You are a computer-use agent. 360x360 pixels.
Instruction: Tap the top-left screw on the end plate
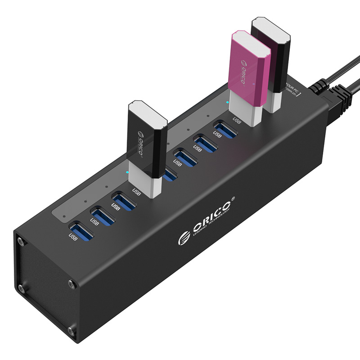click(x=21, y=241)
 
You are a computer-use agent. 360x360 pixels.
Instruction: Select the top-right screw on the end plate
click(x=72, y=284)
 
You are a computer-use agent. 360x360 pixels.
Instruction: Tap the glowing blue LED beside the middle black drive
click(x=127, y=172)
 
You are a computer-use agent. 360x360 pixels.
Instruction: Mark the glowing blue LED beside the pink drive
click(x=228, y=102)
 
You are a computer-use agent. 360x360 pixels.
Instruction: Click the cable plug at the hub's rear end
click(x=333, y=102)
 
